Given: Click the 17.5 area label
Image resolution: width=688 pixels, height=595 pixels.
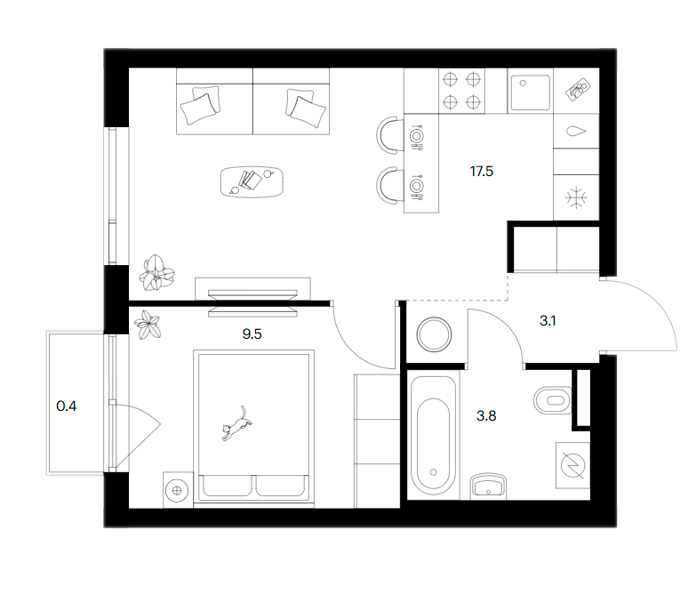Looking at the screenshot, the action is tap(482, 172).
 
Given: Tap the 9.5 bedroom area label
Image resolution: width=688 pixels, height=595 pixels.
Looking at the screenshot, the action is tap(252, 334).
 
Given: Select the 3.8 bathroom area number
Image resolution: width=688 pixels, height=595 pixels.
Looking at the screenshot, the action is tap(486, 415).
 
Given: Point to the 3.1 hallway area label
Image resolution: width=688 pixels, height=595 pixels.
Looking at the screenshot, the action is tap(548, 321).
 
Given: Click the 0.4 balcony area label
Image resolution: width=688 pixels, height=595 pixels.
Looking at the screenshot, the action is tap(67, 406).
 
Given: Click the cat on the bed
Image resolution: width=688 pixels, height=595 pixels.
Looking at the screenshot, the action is tap(236, 423).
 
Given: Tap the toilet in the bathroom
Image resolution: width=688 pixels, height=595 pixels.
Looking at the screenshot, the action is tap(553, 400).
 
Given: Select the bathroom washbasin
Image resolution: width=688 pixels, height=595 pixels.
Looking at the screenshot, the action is tap(488, 486).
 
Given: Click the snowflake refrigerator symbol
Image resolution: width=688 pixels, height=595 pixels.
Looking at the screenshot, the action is tap(576, 197).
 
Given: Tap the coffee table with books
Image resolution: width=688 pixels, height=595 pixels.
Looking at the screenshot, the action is tap(252, 181).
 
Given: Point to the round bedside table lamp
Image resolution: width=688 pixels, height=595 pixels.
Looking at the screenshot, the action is tap(177, 490).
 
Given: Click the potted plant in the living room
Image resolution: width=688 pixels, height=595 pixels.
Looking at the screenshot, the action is tap(156, 273).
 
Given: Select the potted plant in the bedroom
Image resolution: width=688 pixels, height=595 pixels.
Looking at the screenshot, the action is tap(148, 325).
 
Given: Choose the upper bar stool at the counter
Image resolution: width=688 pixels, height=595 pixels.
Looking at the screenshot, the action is tap(389, 134).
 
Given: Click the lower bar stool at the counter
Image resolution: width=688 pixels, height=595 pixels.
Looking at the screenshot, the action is tap(389, 185).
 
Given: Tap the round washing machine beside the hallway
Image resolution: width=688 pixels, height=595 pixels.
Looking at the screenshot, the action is tap(434, 334).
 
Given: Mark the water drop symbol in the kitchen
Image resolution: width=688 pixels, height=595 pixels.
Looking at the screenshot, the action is tap(576, 131).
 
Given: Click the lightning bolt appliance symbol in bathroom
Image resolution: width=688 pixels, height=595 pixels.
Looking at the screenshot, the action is tap(572, 465).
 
